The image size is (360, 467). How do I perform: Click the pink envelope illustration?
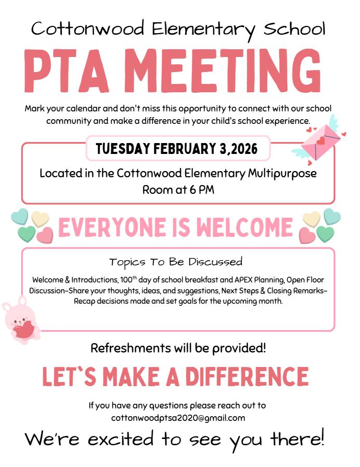[x=322, y=141]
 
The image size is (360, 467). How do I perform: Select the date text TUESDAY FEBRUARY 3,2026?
[x=177, y=149]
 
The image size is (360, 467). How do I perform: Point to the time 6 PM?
[x=202, y=190]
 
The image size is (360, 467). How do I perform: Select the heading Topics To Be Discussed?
[x=176, y=261]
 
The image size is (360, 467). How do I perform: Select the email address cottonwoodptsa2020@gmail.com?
[x=178, y=417]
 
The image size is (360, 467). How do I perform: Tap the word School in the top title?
[x=294, y=29]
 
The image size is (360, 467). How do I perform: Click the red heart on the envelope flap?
[x=321, y=140]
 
